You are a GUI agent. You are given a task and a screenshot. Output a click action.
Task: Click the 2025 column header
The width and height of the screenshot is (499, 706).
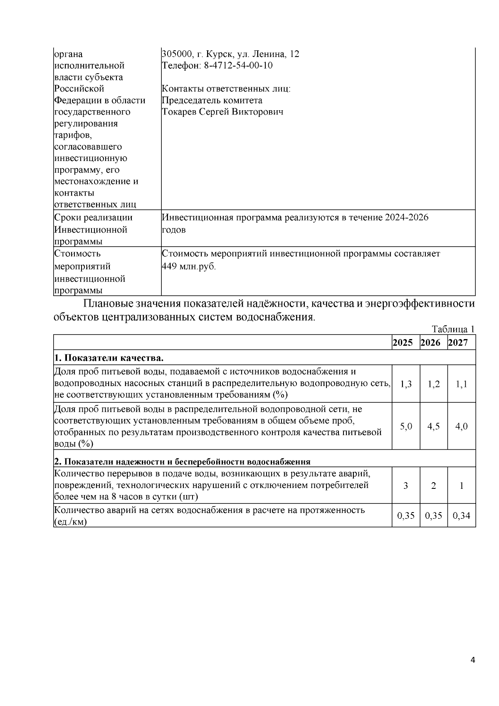click(403, 342)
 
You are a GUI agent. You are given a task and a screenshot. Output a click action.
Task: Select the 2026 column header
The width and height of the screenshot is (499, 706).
click(430, 342)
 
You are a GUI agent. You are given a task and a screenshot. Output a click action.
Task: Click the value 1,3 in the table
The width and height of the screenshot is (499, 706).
click(406, 384)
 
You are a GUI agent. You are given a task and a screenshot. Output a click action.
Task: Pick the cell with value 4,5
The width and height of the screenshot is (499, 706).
click(433, 426)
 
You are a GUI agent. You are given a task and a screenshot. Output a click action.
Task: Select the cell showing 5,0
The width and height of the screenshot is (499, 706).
click(406, 426)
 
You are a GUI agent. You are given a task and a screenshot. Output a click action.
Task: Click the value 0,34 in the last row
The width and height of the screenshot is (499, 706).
click(461, 516)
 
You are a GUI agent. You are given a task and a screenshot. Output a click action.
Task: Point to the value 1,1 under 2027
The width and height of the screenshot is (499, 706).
click(461, 384)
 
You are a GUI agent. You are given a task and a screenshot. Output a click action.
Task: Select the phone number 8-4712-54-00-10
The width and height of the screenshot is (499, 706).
click(238, 66)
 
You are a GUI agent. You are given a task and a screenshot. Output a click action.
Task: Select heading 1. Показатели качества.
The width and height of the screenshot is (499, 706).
click(109, 358)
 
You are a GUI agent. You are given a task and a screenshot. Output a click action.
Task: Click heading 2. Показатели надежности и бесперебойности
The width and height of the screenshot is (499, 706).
click(182, 461)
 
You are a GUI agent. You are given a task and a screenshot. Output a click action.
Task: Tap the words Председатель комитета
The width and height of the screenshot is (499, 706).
click(212, 100)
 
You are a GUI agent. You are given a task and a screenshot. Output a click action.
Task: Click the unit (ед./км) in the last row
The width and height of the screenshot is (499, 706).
click(71, 522)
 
